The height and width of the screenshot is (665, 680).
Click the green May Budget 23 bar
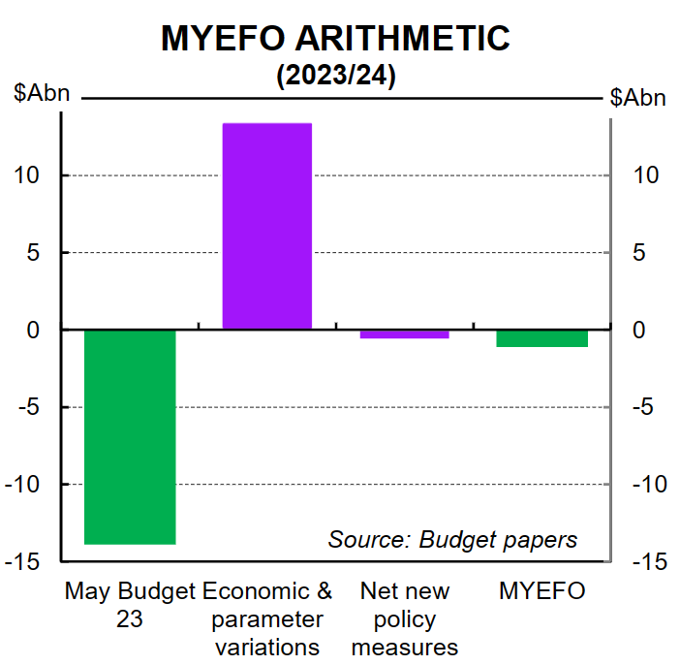130,436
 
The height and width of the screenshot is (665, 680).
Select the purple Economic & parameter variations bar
267,226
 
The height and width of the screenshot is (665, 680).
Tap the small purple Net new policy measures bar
404,334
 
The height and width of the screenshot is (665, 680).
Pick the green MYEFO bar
542,338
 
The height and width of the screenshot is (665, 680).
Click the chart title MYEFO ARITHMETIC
335,38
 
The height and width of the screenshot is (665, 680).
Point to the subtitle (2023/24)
335,77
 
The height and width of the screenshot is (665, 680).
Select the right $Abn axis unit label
638,98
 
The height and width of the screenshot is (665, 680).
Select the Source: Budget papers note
452,539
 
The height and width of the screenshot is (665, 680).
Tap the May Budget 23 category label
130,604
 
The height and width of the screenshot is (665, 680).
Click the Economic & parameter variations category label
267,617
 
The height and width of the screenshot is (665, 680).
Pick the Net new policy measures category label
404,617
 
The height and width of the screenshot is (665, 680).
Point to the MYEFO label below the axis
542,590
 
